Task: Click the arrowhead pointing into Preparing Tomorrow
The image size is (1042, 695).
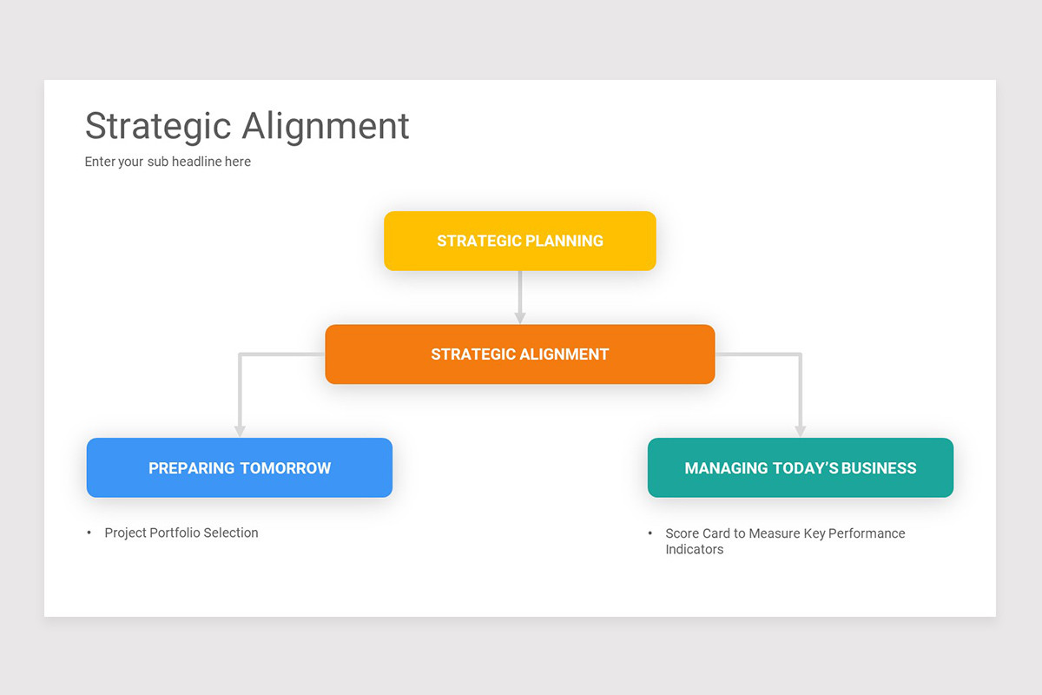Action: (x=240, y=430)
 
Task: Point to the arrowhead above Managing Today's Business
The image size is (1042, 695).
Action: (x=800, y=430)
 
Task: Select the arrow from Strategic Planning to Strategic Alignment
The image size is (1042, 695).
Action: (x=519, y=295)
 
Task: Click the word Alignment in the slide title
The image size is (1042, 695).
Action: (x=326, y=126)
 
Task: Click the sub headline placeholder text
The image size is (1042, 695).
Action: (x=168, y=162)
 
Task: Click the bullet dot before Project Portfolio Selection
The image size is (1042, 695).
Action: (x=89, y=533)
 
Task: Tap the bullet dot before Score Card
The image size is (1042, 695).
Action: (x=650, y=533)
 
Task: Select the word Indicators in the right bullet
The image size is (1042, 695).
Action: (x=694, y=550)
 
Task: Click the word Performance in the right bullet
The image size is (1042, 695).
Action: (x=867, y=533)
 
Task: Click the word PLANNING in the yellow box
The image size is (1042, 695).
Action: (x=563, y=241)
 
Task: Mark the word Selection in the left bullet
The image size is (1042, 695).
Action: (x=231, y=533)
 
